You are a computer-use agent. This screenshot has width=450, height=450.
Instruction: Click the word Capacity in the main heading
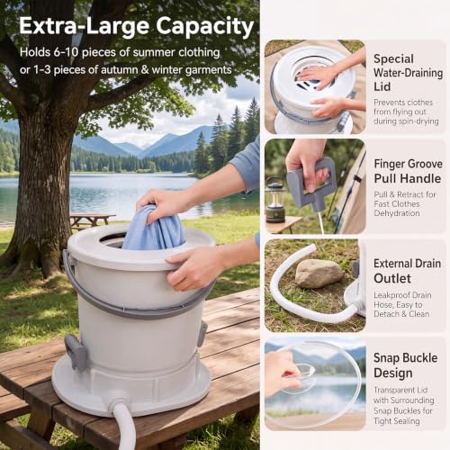205,27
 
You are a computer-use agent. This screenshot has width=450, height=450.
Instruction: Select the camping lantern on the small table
275,200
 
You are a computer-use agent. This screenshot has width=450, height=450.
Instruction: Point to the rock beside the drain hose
319,274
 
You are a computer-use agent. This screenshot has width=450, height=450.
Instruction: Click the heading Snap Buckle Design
405,365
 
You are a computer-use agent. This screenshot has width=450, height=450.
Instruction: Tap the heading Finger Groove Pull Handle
408,171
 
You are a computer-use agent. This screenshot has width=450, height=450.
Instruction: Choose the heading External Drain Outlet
407,271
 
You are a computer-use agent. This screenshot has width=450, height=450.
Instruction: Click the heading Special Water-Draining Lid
408,73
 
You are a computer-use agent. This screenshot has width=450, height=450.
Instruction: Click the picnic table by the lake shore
93,220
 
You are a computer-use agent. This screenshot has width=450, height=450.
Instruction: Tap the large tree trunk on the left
42,186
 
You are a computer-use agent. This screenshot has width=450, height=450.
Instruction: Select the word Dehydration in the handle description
397,213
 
